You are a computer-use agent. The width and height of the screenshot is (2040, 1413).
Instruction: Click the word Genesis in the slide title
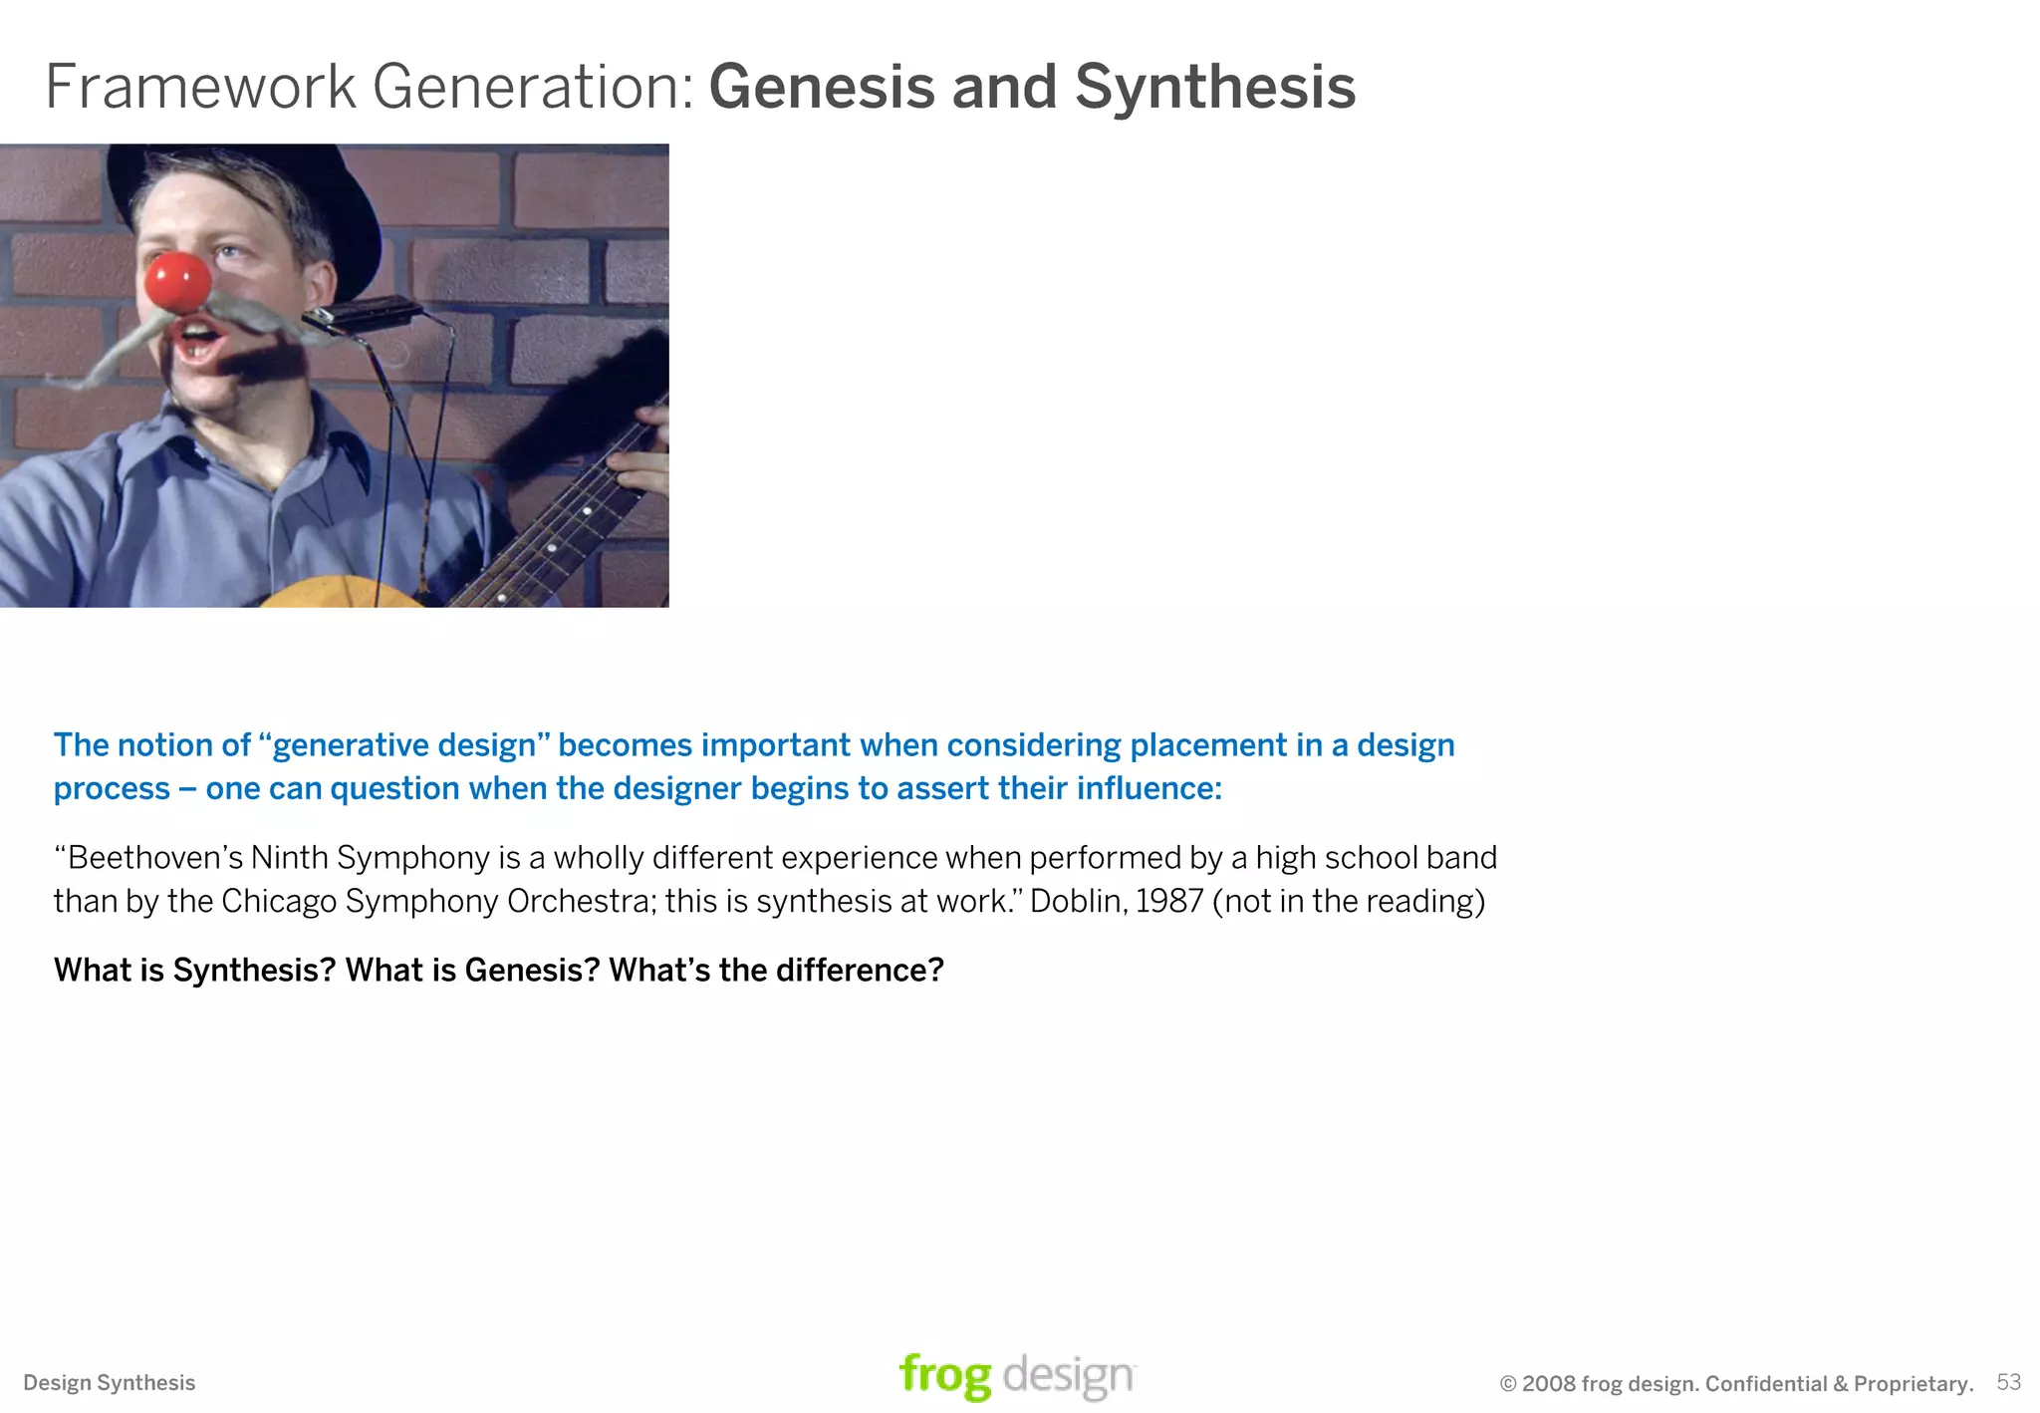tap(821, 87)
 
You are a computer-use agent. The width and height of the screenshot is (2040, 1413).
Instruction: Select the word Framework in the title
tap(200, 87)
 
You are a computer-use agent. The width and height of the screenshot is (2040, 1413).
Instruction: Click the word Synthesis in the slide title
tap(1214, 87)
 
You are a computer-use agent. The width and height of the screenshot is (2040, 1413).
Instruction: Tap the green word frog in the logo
tap(944, 1376)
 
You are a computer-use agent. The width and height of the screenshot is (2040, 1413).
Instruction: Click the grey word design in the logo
tap(1068, 1376)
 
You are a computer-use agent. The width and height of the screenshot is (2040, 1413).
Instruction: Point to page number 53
tap(2008, 1382)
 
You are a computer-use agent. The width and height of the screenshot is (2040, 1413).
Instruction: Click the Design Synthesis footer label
tap(110, 1383)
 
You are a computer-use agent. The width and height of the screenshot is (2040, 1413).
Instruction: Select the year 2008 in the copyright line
tap(1549, 1384)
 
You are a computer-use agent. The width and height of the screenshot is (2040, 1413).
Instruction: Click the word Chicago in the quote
tap(279, 901)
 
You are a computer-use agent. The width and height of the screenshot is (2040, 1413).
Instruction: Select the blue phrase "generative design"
tap(404, 745)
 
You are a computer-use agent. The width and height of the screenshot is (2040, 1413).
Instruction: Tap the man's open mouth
tap(199, 345)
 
